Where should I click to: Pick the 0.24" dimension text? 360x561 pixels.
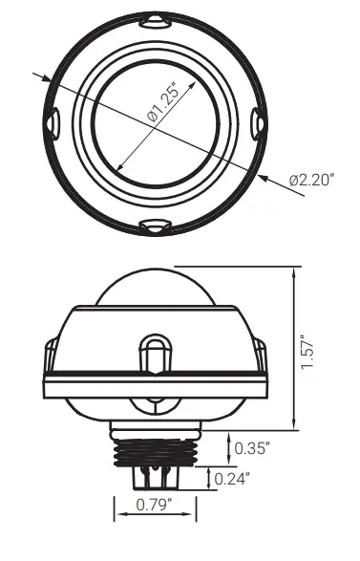click(x=232, y=480)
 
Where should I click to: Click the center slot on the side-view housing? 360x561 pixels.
click(x=154, y=351)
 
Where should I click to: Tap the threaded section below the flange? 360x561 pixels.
click(x=154, y=445)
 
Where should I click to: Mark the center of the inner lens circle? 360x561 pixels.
click(x=155, y=121)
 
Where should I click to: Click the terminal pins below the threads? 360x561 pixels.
click(x=154, y=475)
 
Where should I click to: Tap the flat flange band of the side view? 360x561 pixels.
click(x=154, y=387)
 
